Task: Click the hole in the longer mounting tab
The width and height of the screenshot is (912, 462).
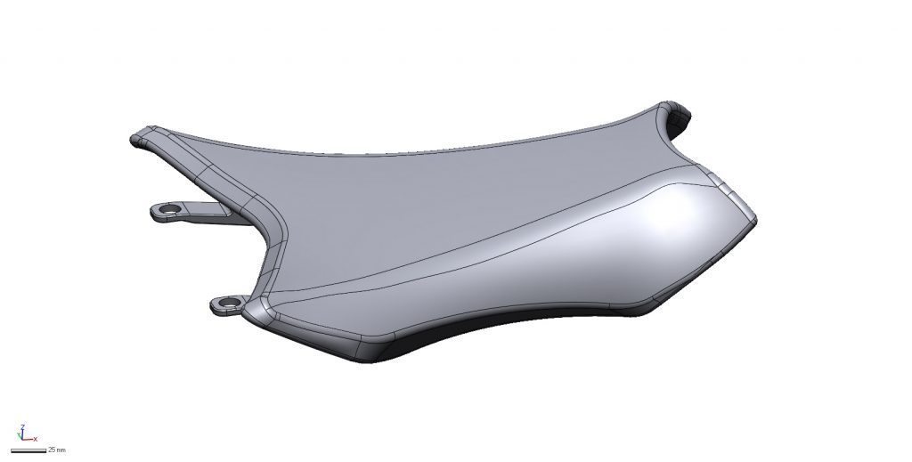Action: [171, 208]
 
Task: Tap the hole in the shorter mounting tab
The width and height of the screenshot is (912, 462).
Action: [229, 303]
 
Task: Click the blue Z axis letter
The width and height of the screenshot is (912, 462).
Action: [21, 427]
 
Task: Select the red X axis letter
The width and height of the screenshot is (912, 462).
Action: [35, 440]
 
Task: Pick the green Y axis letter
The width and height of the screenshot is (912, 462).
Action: [20, 433]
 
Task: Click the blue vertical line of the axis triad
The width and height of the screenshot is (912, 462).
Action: [22, 434]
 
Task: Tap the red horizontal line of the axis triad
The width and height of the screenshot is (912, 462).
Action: [28, 440]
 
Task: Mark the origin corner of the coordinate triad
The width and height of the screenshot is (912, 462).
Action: [22, 440]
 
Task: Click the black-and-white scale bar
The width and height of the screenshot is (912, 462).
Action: [28, 450]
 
